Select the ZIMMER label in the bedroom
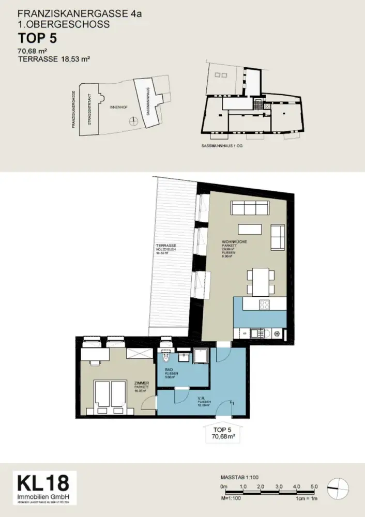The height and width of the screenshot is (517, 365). (141, 383)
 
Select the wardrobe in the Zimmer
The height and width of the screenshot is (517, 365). (140, 354)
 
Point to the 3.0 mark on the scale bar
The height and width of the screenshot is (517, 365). (279, 487)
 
